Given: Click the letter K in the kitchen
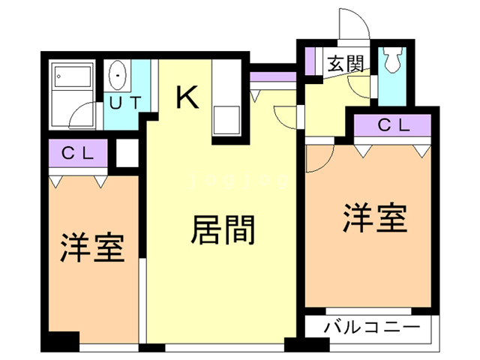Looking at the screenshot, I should (x=187, y=97).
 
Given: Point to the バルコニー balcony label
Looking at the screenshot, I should (x=372, y=328).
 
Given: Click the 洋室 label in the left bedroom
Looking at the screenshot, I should (x=92, y=247).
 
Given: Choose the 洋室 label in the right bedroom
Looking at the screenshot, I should (x=375, y=218).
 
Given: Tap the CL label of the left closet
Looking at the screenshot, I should (x=77, y=154).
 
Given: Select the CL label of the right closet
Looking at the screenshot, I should (x=394, y=126).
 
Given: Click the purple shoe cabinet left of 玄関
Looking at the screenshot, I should (x=311, y=60).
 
